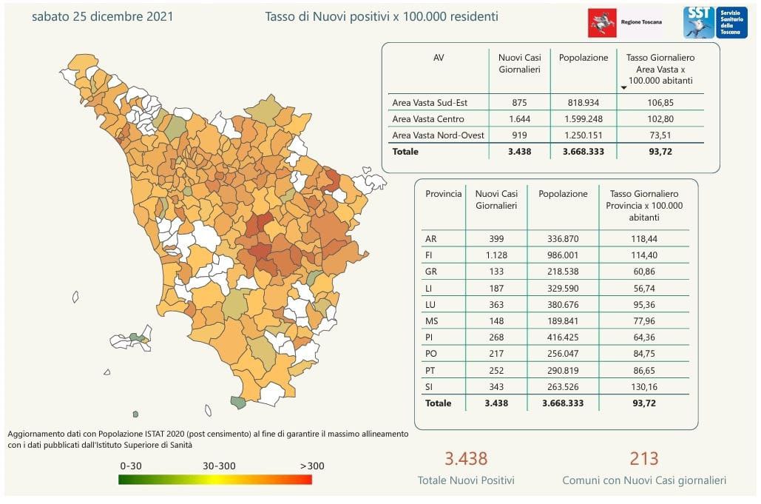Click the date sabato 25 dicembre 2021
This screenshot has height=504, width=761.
pos(103,16)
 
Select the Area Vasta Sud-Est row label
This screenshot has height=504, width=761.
pos(430,102)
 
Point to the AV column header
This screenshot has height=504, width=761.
pos(439,58)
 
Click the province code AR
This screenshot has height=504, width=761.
pos(431,239)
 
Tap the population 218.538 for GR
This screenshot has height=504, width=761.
pos(563,272)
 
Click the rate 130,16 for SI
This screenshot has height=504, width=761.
pos(643,387)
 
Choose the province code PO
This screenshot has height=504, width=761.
pos(431,354)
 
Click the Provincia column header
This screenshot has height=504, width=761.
pos(443,194)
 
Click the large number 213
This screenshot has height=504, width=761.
pos(643,459)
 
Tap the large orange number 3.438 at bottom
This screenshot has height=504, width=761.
pos(465,459)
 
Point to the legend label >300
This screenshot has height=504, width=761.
pos(311,466)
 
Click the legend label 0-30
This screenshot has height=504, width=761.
pos(131,466)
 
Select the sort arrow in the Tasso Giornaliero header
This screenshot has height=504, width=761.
pos(623,88)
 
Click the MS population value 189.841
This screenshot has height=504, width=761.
pos(563,321)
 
